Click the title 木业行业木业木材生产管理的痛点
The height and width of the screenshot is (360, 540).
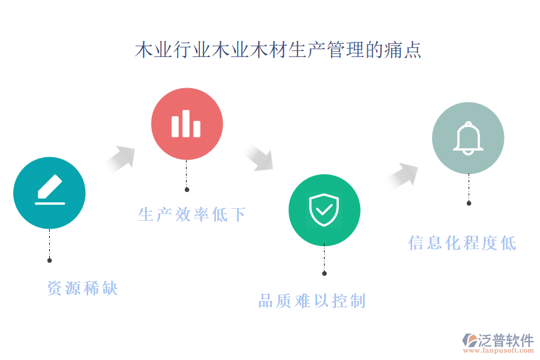pos(278,50)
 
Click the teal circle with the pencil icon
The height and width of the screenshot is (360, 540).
pos(49,193)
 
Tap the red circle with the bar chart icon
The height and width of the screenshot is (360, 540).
pos(187,124)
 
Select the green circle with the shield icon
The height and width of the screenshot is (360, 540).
pos(325,210)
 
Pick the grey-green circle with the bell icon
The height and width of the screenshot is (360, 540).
pos(468,138)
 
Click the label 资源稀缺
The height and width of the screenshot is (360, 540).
pos(83,288)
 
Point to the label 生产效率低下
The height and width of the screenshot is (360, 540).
pos(192,215)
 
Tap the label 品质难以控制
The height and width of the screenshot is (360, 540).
pos(312,301)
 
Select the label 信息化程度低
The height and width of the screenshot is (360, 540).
pos(462,243)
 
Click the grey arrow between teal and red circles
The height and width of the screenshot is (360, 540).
pos(121,159)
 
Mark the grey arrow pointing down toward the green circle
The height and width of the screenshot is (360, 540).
pos(259,158)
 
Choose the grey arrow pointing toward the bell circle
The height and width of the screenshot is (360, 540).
pos(403,175)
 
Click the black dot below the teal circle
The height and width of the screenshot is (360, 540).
pos(50,260)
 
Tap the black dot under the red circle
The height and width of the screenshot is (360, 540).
pos(187,190)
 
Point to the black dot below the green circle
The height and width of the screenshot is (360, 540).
pos(325,274)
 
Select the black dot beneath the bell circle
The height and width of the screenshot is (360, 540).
pos(469,203)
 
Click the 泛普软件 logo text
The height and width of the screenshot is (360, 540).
pos(506,340)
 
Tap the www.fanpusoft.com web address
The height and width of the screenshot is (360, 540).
pos(499,350)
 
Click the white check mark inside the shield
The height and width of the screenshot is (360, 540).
pos(324,209)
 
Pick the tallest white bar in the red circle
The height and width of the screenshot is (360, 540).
pos(186,124)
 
